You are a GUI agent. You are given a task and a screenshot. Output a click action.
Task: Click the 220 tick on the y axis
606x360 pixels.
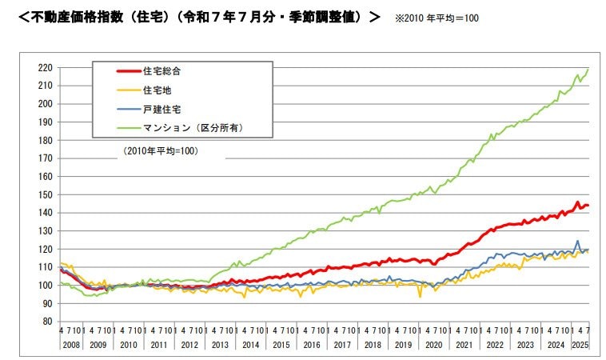(x=45, y=67)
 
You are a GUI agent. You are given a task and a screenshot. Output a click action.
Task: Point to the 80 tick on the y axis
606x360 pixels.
(x=47, y=322)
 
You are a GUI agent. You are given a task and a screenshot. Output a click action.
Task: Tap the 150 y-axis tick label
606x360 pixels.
(x=45, y=194)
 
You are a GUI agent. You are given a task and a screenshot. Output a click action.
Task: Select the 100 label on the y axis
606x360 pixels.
(x=45, y=286)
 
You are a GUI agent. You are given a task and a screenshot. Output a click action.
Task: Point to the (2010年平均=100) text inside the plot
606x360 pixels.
(x=160, y=150)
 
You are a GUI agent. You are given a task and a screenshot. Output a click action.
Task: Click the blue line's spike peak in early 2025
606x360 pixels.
(x=577, y=241)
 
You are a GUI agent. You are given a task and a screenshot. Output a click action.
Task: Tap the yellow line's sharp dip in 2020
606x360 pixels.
(x=421, y=297)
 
